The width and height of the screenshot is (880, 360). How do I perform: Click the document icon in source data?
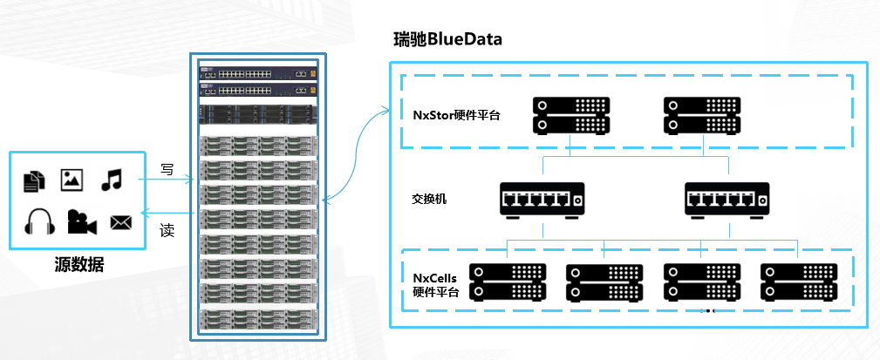(34, 180)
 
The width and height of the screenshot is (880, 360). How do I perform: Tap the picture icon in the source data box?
(72, 180)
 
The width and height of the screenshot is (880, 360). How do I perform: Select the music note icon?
(111, 180)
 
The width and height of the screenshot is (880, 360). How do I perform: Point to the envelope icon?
(119, 222)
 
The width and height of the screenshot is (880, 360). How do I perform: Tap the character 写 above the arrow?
(167, 168)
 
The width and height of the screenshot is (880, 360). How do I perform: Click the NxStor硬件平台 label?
(457, 114)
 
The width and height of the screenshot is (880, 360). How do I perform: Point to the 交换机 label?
(429, 199)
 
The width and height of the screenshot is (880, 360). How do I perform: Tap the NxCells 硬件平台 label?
(435, 284)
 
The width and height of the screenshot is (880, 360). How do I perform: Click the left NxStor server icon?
(570, 115)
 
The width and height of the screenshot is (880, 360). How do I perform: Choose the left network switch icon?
(542, 200)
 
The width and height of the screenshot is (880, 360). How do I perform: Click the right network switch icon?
(726, 200)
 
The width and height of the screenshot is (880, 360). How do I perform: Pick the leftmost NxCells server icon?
(508, 282)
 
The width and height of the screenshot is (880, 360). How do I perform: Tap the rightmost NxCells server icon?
(798, 282)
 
